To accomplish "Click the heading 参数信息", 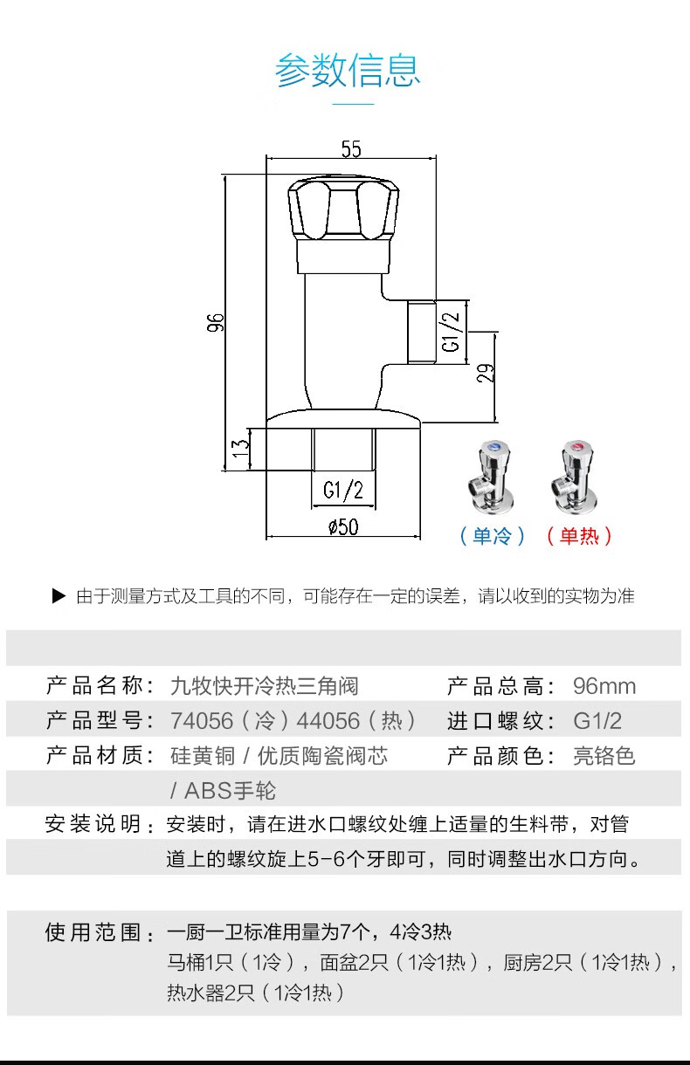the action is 348,70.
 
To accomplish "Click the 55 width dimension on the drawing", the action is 350,149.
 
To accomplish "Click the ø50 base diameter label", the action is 343,526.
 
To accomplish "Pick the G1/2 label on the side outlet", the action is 451,331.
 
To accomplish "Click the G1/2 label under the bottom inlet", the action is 343,491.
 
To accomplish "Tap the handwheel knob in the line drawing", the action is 342,209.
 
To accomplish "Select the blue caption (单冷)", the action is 493,536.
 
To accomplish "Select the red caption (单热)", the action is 579,536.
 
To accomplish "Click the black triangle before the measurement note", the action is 59,596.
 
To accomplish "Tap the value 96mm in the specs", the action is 604,686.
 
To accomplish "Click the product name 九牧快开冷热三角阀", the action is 264,686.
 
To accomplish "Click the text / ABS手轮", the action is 223,791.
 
